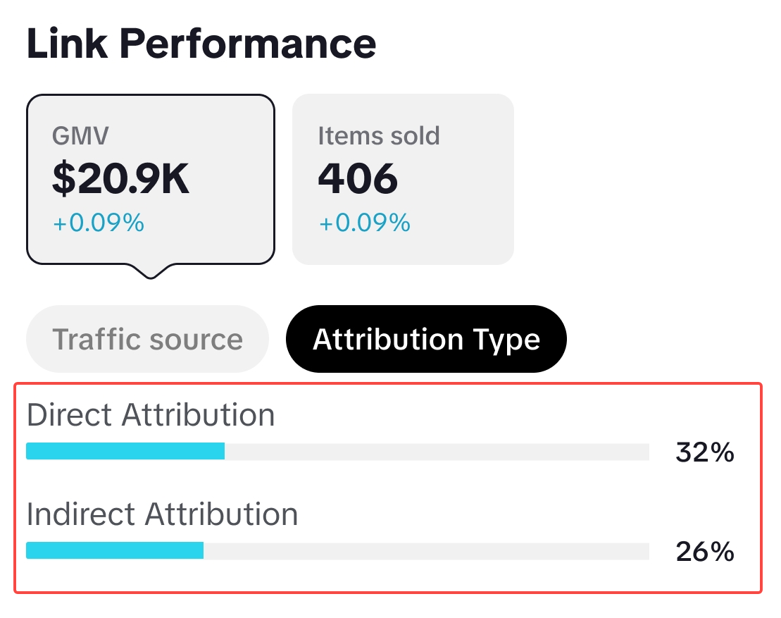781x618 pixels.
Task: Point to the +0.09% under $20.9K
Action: tap(98, 223)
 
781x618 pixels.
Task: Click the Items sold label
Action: tap(379, 135)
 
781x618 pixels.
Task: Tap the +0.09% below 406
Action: tap(364, 223)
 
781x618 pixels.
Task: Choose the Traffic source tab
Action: tap(147, 339)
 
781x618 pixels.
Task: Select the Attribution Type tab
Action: tap(426, 339)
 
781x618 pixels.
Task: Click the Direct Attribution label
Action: tap(151, 415)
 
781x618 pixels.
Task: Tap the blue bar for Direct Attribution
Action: tap(125, 451)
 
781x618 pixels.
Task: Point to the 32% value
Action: tap(705, 452)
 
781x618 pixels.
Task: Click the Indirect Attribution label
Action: tap(162, 514)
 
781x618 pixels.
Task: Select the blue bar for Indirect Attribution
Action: tap(115, 550)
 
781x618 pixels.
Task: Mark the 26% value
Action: tap(705, 552)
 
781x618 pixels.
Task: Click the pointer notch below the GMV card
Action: tap(149, 271)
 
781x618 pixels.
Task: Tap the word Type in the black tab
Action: tap(507, 340)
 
